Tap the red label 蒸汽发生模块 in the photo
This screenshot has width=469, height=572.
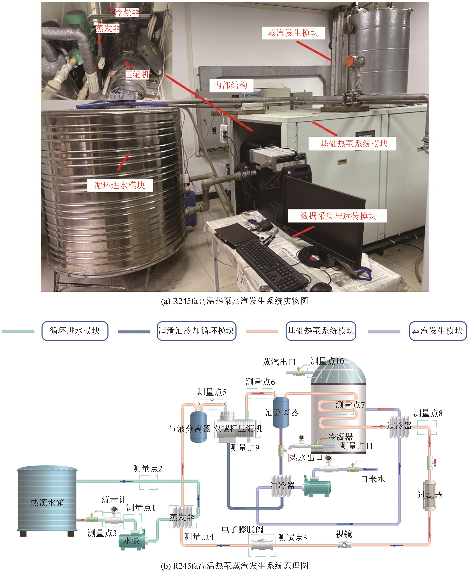pos(293,33)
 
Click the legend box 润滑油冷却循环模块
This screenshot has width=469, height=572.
pos(196,331)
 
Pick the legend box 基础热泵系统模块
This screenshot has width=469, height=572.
pos(321,331)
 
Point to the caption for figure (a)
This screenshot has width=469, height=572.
pos(234,301)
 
